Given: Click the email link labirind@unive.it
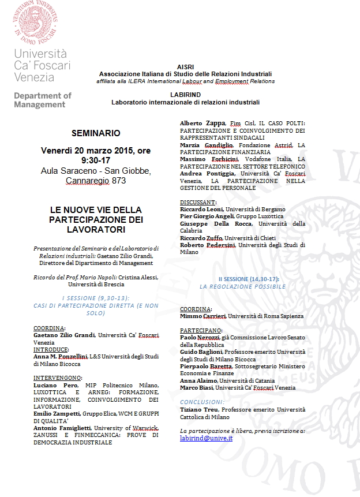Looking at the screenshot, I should coord(206,439).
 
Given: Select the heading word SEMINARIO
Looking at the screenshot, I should coord(96,133).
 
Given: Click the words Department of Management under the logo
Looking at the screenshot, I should coord(42,100).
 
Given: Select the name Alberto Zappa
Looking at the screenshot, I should coord(202,124).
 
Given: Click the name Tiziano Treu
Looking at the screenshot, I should coord(200,410).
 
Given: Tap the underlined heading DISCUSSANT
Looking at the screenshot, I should coord(198,203).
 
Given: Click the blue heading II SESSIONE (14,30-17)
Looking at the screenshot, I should coord(242,279).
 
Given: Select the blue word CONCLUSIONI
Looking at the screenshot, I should coord(202,401).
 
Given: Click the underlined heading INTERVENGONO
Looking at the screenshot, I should coord(57,377).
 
